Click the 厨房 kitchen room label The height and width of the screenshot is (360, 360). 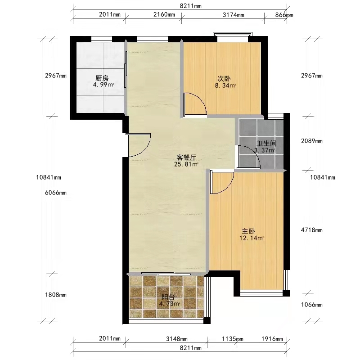click(x=102, y=78)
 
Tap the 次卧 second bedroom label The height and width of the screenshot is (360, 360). click(x=224, y=79)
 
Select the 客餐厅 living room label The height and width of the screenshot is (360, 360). click(x=186, y=157)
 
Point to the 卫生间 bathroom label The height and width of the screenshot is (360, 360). click(x=266, y=144)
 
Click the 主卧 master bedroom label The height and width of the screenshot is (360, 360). click(x=248, y=231)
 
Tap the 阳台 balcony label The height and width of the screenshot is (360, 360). click(x=168, y=297)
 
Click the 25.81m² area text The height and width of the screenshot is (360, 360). click(x=186, y=164)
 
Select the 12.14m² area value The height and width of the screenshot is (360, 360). click(x=252, y=238)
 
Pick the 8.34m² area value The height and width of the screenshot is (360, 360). click(x=225, y=85)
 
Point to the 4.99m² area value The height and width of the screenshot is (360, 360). click(x=103, y=85)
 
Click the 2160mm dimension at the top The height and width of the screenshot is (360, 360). click(x=164, y=14)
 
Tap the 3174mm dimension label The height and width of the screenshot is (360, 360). click(x=233, y=15)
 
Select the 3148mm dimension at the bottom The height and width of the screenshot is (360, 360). click(x=176, y=339)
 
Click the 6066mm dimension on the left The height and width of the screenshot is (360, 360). click(x=55, y=193)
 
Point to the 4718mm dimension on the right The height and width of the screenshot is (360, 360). click(x=311, y=230)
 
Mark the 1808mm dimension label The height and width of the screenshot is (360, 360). click(x=55, y=295)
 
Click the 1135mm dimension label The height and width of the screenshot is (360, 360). click(x=233, y=339)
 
